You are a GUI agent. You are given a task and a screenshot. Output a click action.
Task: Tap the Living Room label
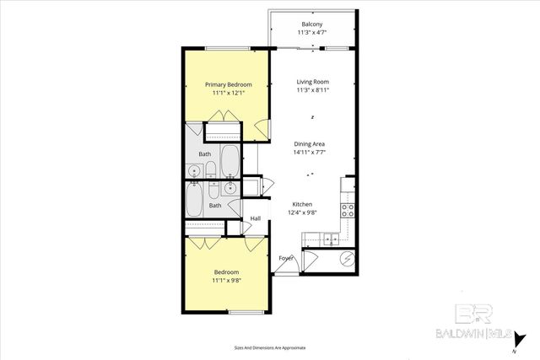[312, 82]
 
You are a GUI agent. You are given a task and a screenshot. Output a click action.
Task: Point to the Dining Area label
[309, 144]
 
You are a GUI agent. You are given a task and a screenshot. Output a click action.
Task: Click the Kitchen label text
[303, 205]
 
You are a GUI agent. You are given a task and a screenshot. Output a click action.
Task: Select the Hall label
[255, 219]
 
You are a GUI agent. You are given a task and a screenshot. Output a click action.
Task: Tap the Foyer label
[287, 258]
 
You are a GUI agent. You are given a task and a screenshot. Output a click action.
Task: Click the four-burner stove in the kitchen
[345, 208]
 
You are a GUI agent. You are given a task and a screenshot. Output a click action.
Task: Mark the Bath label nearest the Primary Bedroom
[205, 154]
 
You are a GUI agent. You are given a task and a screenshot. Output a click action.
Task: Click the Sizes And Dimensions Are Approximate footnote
[269, 347]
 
